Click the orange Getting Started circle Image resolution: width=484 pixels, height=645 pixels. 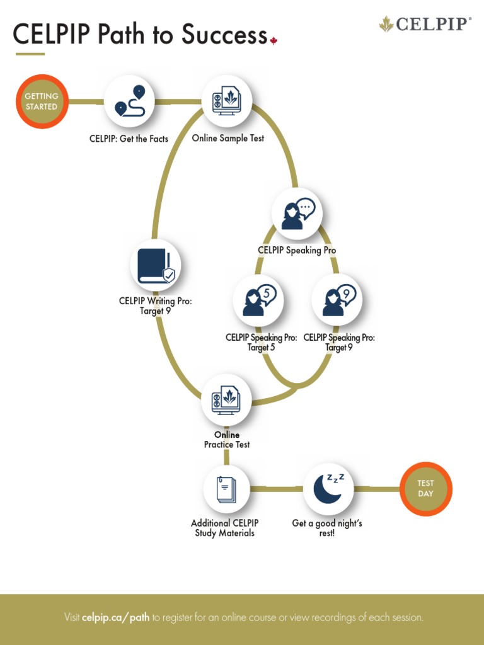coord(42,101)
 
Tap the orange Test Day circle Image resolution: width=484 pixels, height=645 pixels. coord(426,489)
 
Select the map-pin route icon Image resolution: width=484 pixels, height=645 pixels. coord(129,101)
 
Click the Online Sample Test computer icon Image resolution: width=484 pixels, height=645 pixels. coord(226,101)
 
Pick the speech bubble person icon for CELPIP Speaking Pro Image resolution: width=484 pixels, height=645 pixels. coord(297,214)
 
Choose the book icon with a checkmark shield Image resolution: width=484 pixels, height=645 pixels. coord(156,266)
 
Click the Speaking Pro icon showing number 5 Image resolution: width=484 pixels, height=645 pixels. coord(258,300)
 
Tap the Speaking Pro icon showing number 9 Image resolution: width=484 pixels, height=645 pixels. coord(337,300)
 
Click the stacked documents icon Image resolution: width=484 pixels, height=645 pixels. coord(226,489)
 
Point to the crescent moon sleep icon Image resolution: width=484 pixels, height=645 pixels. coord(328,489)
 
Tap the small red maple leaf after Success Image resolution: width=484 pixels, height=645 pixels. coord(274,41)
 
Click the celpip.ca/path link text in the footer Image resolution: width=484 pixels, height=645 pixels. coord(115,617)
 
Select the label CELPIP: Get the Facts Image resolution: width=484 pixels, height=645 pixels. coord(129,139)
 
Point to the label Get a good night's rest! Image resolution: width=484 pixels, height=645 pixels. coord(327,528)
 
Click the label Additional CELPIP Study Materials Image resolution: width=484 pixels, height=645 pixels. coord(225,528)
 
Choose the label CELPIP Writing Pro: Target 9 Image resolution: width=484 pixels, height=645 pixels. coord(156,305)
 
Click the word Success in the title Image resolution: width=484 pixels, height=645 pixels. coord(224,35)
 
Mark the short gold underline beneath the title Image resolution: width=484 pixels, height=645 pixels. coord(30,54)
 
